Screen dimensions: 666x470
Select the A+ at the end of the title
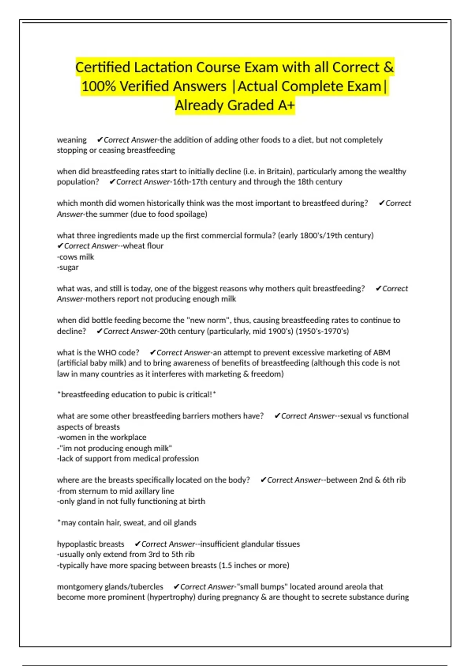(286, 105)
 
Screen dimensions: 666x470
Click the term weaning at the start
(72, 140)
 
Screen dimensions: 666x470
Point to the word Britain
(280, 172)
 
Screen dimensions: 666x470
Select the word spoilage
(191, 214)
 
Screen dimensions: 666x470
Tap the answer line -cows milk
(76, 257)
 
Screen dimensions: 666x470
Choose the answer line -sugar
(68, 268)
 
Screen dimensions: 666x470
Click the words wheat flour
(143, 246)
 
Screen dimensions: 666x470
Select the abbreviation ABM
(381, 353)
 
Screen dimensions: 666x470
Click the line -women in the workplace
(102, 438)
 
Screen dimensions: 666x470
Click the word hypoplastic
(74, 544)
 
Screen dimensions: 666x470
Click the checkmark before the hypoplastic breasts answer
(137, 544)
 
